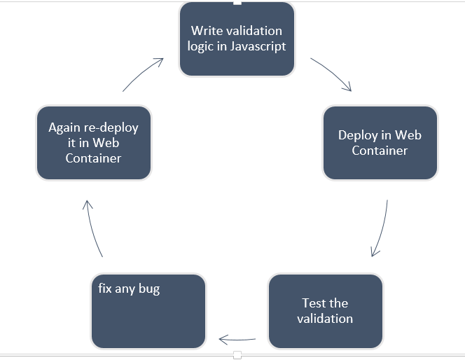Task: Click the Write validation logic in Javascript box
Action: [x=237, y=39]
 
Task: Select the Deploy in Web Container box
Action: [x=380, y=143]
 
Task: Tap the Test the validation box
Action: [x=325, y=311]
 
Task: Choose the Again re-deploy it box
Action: [x=93, y=143]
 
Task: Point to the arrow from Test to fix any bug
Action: [x=237, y=340]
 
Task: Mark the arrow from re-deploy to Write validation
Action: [x=144, y=74]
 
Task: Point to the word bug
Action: [x=146, y=289]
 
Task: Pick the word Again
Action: [x=64, y=127]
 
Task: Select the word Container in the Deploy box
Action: [x=380, y=151]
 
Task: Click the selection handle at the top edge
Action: [x=237, y=2]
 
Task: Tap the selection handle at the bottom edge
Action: [x=237, y=356]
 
